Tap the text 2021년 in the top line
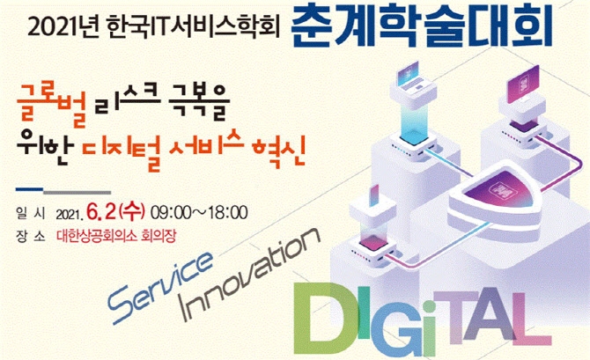(x=63, y=28)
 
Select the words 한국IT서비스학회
(x=193, y=28)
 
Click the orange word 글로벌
(x=52, y=106)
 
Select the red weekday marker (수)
(x=131, y=212)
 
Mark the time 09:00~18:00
(x=199, y=213)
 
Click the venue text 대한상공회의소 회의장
(x=116, y=236)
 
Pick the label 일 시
(x=31, y=213)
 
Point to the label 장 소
(x=31, y=236)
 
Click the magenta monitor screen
(x=523, y=84)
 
